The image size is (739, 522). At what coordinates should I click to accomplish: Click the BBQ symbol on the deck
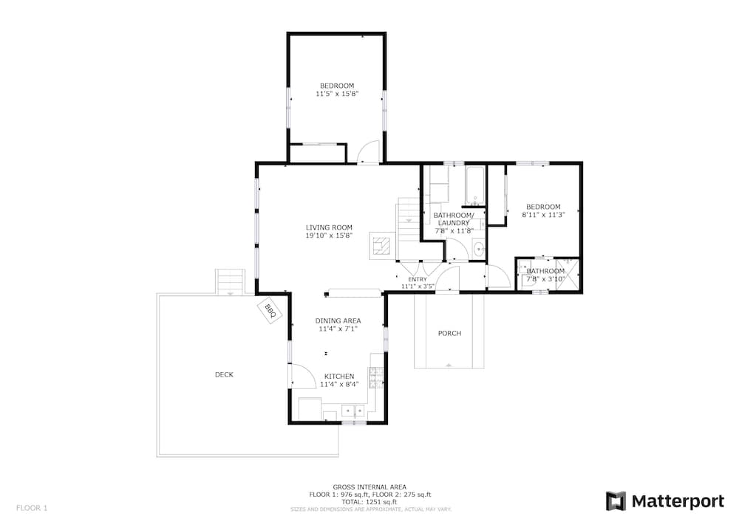[270, 310]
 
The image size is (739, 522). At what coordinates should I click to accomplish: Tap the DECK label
[225, 374]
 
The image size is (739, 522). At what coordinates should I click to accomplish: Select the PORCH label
[449, 333]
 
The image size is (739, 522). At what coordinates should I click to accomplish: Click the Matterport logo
[665, 501]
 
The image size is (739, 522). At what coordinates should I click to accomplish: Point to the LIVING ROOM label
[329, 227]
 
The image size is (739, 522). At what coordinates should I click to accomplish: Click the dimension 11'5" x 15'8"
[337, 94]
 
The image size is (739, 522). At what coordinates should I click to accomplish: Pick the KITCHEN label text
[339, 377]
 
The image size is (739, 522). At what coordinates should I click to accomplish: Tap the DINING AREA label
[338, 321]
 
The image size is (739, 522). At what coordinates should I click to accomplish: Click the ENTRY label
[418, 280]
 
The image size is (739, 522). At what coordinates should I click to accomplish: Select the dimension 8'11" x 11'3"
[543, 215]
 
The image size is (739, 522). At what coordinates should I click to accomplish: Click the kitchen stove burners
[377, 377]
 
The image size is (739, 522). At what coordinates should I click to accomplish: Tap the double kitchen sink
[353, 411]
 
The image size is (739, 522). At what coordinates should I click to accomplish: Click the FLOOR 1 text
[32, 508]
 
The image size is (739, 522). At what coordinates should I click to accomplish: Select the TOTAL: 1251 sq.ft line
[369, 502]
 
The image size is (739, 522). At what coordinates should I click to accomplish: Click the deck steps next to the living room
[231, 281]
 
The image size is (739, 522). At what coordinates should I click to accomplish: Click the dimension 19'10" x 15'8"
[329, 236]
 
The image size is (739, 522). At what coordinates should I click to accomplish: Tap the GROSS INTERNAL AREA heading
[369, 487]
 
